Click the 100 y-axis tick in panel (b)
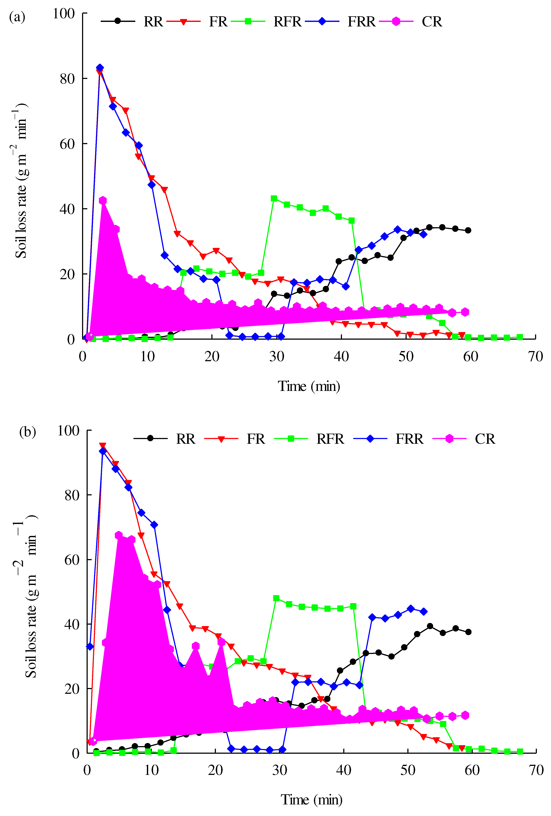pyautogui.click(x=68, y=431)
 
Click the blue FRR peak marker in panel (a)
pyautogui.click(x=100, y=68)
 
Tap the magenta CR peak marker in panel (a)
pyautogui.click(x=103, y=200)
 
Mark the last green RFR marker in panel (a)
pyautogui.click(x=520, y=337)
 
